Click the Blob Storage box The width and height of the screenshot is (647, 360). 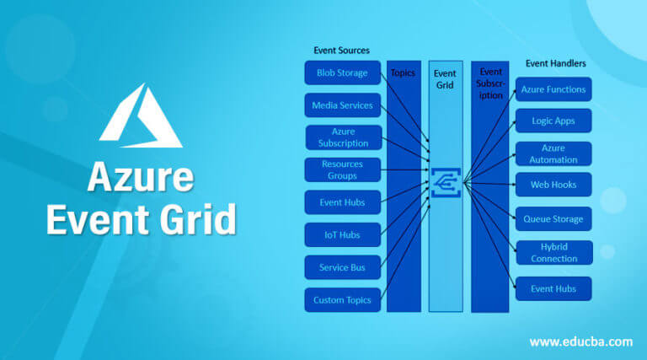point(343,73)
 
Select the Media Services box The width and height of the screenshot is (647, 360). point(343,105)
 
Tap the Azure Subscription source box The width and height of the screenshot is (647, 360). point(344,137)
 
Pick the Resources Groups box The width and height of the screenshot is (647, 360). point(343,169)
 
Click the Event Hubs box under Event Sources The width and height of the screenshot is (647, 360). point(343,202)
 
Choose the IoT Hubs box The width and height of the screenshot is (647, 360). point(343,235)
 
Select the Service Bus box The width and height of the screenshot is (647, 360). point(343,267)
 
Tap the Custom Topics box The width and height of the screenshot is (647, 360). point(343,300)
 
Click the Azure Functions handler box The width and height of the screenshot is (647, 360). point(553,89)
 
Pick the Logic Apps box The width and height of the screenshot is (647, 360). point(553,121)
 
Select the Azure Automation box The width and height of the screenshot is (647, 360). point(553,153)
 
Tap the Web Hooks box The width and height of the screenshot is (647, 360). point(553,185)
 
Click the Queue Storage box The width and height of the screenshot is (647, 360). point(553,219)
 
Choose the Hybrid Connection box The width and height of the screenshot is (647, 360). point(554,253)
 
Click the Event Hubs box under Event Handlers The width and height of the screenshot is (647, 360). point(553,288)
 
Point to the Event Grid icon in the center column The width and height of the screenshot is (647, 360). point(446,182)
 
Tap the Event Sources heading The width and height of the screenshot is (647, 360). point(342,51)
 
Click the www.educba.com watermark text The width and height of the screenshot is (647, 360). point(581,341)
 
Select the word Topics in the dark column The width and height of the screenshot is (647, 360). point(403,73)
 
